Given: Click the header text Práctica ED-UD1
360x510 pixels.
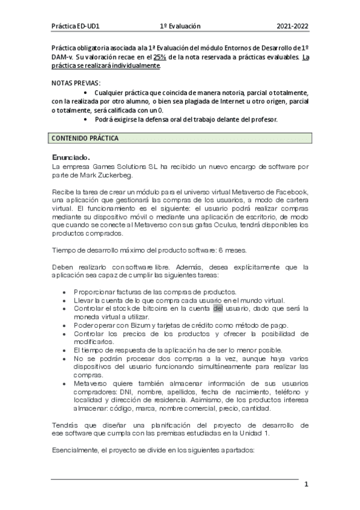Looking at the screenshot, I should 75,26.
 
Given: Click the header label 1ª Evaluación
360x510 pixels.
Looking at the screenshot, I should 180,26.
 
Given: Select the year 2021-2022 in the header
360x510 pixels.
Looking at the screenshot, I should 292,26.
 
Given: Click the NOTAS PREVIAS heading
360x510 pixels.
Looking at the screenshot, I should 76,82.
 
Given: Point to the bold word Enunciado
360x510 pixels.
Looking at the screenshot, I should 71,157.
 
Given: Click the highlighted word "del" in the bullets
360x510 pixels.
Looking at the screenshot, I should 218,309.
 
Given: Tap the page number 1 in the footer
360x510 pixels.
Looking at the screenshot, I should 306,485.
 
